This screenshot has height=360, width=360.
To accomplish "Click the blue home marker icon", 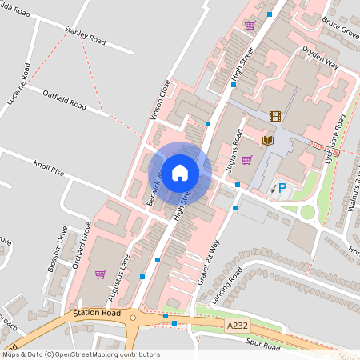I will [x=180, y=172].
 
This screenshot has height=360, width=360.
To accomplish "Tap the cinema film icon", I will [x=275, y=117].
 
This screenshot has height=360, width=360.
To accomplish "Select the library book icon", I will [x=268, y=140].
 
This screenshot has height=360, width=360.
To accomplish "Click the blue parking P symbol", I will [x=282, y=188].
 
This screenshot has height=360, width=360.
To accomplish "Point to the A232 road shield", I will [x=237, y=326].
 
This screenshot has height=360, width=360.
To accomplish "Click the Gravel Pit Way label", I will [x=206, y=262].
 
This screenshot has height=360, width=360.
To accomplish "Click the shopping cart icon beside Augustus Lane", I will [x=100, y=274].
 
